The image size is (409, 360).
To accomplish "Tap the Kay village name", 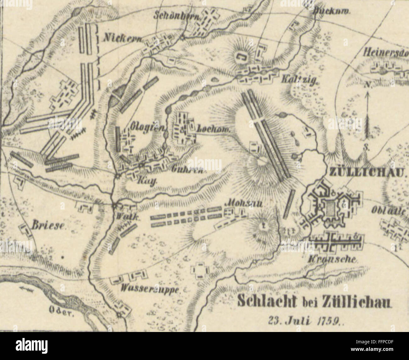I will pos(142,182).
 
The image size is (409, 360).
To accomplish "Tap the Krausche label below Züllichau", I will pos(332,260).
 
